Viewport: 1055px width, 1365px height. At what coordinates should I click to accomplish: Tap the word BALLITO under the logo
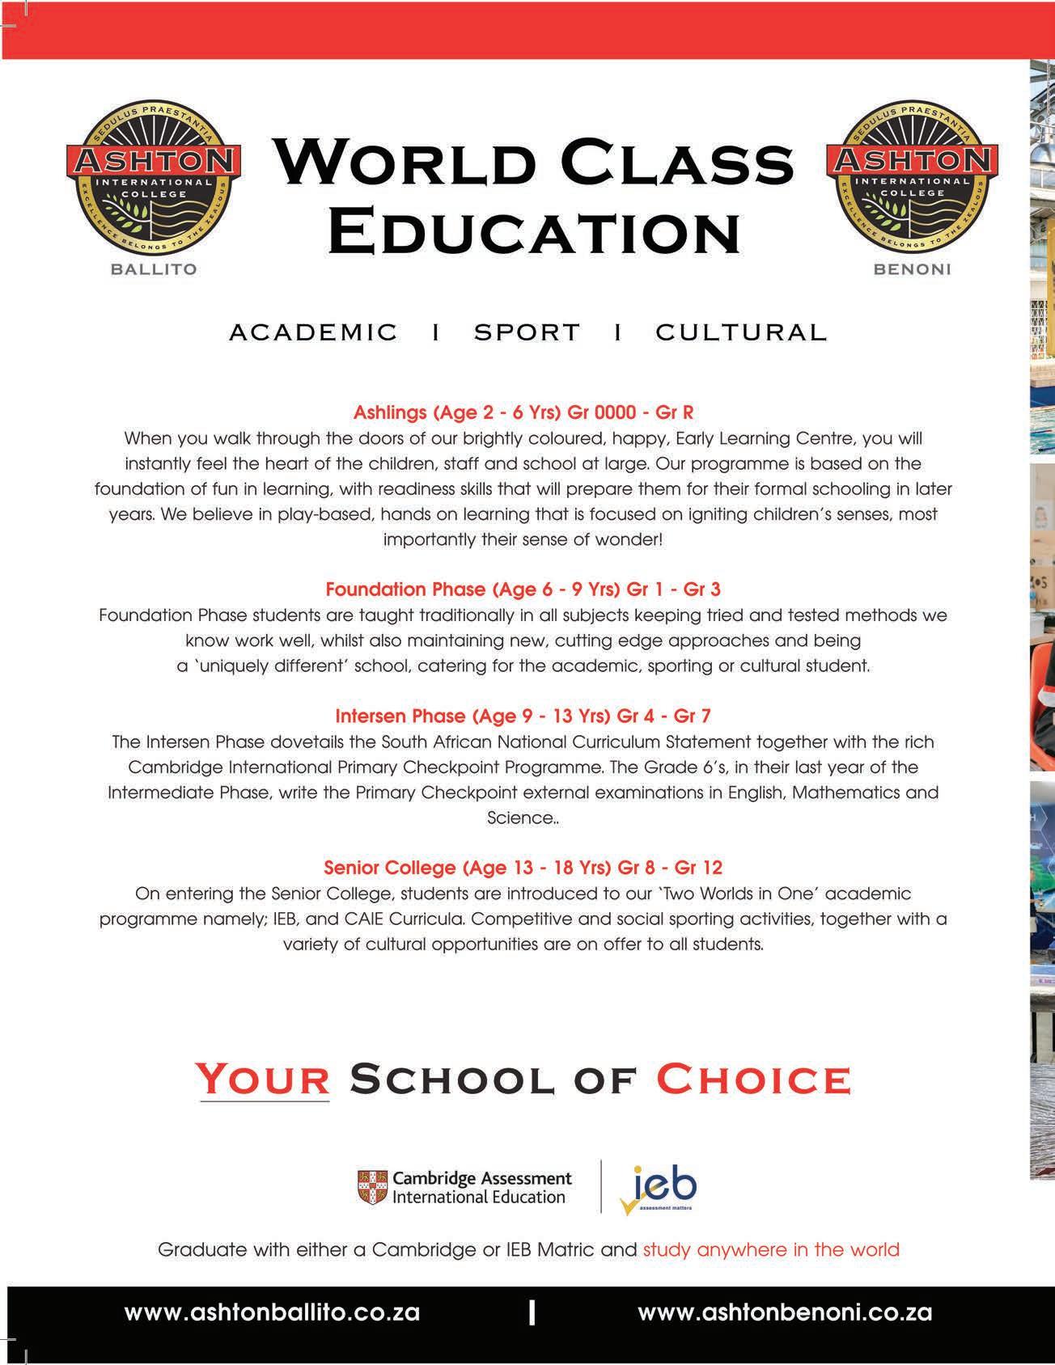tap(154, 269)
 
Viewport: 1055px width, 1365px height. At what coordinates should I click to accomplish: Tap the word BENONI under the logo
tap(913, 269)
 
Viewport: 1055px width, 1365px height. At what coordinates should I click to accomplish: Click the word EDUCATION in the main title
tap(534, 230)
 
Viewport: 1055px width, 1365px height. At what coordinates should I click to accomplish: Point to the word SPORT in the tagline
tap(527, 332)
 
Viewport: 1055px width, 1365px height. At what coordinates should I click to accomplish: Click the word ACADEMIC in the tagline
tap(314, 332)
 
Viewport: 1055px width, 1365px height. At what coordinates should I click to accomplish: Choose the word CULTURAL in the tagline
tap(741, 332)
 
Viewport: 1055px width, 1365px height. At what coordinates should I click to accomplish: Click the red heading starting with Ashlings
tap(523, 412)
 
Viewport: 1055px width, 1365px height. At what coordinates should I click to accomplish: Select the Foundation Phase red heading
tap(523, 589)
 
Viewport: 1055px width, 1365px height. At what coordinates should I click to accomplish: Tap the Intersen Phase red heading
tap(523, 716)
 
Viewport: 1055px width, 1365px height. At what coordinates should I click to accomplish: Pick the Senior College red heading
tap(523, 868)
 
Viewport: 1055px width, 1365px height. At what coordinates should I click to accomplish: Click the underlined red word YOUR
tap(264, 1080)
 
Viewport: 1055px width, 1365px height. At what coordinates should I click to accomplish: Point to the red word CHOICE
tap(753, 1080)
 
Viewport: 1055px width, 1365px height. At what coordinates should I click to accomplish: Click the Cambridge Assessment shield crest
tap(371, 1187)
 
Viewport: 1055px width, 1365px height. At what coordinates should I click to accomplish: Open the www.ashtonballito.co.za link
tap(272, 1312)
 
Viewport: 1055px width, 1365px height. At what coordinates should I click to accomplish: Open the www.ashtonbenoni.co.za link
tap(785, 1312)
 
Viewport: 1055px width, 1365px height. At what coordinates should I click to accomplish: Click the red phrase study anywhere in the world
tap(771, 1249)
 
